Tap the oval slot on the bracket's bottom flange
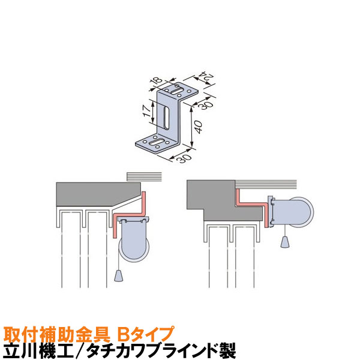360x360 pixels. [156, 143]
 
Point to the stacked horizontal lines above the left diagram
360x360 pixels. [145, 177]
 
